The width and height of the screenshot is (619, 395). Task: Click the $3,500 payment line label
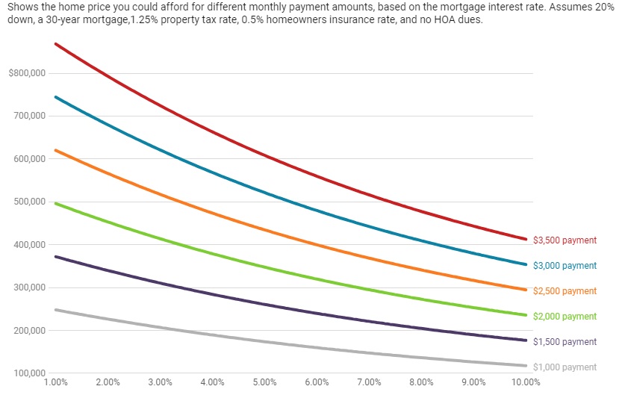coord(564,240)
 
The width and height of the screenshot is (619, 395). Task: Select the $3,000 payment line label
coord(564,266)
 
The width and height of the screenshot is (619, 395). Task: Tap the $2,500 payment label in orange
coord(564,291)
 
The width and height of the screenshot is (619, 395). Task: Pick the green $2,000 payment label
coord(564,317)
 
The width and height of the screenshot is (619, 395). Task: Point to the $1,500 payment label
coord(564,342)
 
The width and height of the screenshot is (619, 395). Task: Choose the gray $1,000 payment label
coord(564,367)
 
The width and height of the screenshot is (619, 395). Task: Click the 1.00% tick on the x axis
coord(56,382)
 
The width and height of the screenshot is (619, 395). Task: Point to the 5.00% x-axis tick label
coord(265,382)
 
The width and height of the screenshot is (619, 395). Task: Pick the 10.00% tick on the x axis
coord(526,382)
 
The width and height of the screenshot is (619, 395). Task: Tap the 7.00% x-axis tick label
coord(370,382)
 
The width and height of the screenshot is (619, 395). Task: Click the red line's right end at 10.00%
coord(526,239)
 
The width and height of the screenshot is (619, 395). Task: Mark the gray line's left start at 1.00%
coord(56,309)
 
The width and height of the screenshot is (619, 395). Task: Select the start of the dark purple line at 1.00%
coord(56,257)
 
